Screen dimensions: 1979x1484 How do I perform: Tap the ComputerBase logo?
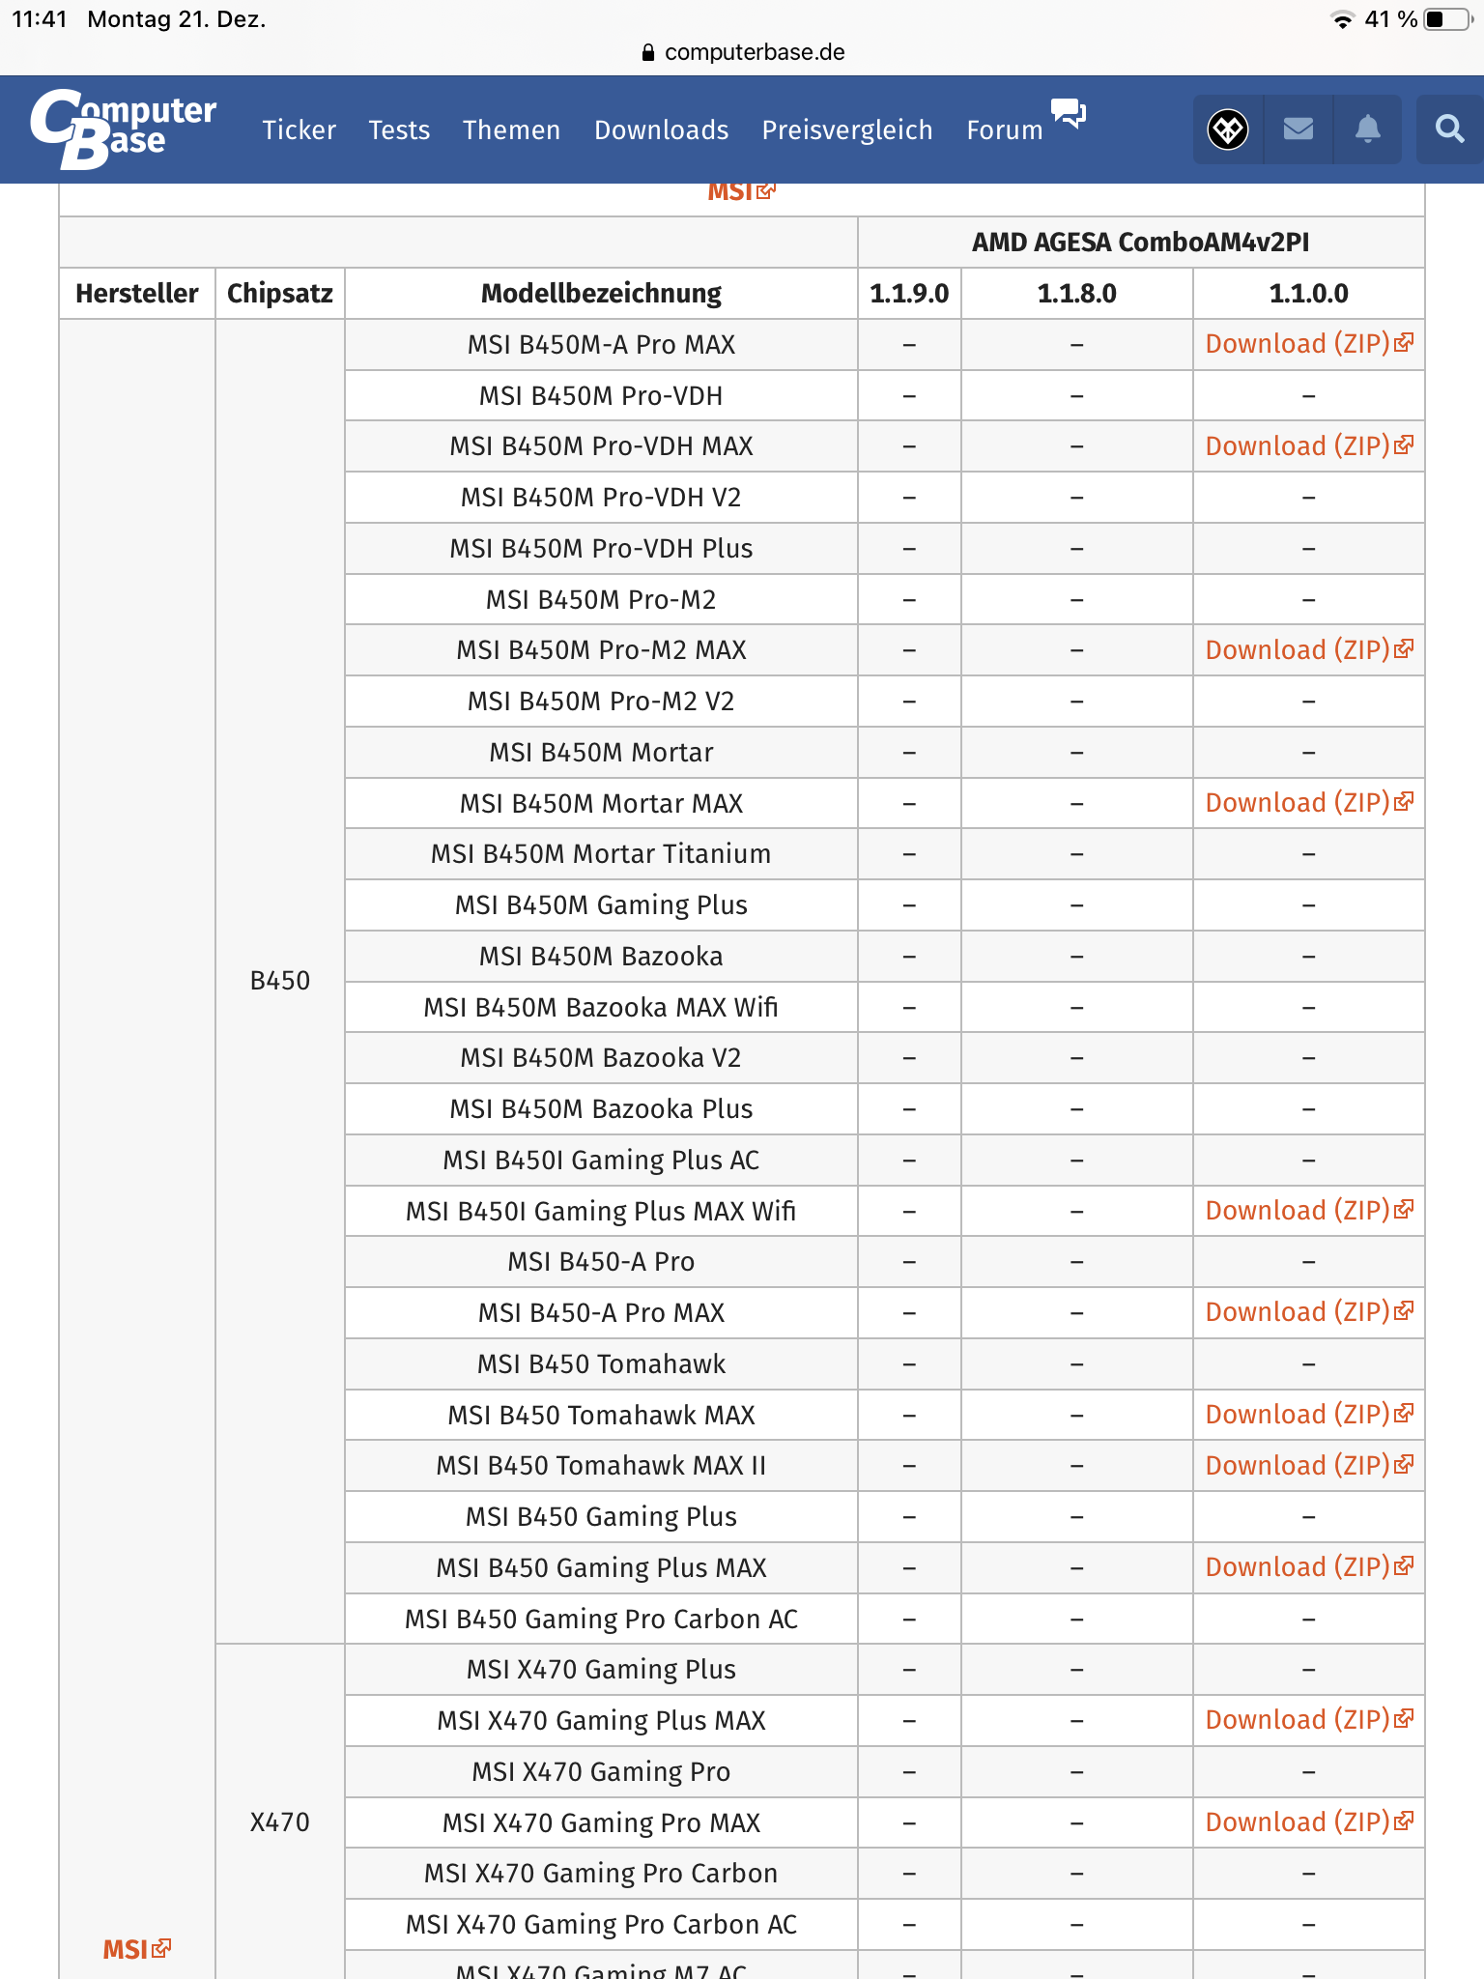(x=124, y=129)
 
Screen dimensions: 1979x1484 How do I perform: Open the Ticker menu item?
(x=299, y=129)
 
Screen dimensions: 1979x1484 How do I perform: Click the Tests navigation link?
(x=399, y=129)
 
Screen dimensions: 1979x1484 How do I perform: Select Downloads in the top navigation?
(x=661, y=129)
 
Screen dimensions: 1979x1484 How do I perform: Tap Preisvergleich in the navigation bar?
(x=847, y=129)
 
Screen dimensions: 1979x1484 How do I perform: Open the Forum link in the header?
(x=1005, y=129)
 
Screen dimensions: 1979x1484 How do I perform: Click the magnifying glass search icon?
(x=1449, y=129)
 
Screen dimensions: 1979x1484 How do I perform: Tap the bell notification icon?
(x=1367, y=129)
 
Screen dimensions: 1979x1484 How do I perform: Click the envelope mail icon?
(x=1298, y=129)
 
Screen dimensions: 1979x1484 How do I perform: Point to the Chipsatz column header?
(x=280, y=294)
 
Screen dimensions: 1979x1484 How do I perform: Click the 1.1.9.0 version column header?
(x=909, y=294)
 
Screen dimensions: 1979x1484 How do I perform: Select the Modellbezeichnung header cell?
(x=601, y=294)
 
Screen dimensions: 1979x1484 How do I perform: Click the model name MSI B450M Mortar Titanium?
(x=601, y=854)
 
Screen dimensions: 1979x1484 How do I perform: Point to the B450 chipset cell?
(x=280, y=981)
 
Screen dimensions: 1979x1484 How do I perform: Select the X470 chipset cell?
(x=280, y=1822)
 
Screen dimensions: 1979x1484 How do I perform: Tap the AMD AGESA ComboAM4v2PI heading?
(x=1140, y=243)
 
